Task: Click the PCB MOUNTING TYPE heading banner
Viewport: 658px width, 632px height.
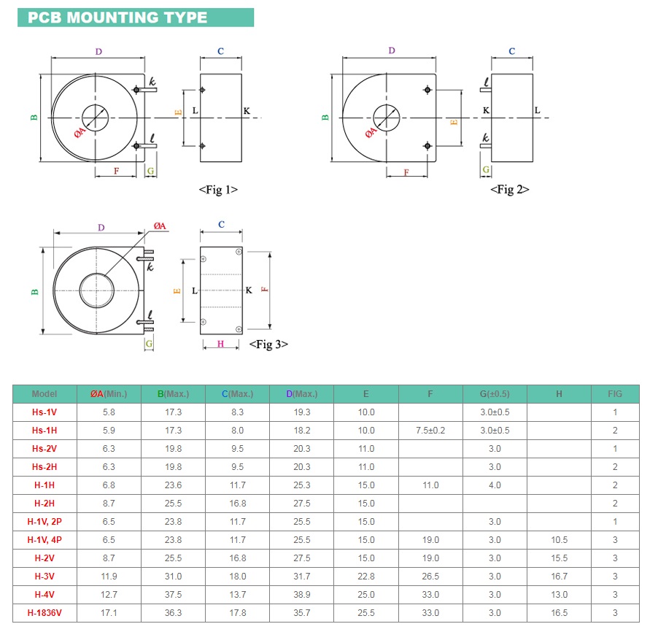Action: [x=136, y=18]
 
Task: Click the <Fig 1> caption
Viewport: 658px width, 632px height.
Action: [x=218, y=190]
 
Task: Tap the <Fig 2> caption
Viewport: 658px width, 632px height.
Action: [x=510, y=190]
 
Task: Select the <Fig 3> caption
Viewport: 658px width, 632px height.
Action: [x=268, y=344]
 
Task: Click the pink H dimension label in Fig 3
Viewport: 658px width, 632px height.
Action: [x=221, y=344]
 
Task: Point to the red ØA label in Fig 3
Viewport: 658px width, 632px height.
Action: [x=160, y=226]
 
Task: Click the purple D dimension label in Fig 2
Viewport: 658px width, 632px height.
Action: [x=392, y=50]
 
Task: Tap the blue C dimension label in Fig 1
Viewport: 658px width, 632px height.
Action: [x=221, y=51]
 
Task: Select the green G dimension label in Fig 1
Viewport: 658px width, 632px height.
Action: [x=151, y=171]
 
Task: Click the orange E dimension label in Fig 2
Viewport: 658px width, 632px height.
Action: [x=454, y=122]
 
